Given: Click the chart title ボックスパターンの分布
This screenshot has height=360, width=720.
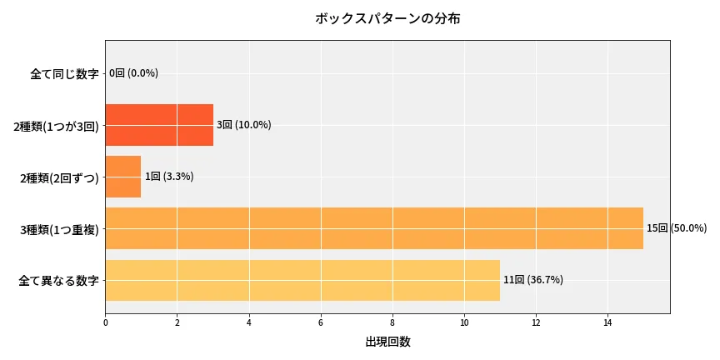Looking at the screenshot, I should (387, 18).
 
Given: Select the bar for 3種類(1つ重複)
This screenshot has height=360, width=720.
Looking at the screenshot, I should (374, 228).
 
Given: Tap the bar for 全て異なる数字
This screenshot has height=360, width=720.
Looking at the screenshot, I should (302, 280).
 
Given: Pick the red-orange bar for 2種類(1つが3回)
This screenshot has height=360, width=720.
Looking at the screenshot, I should (159, 125).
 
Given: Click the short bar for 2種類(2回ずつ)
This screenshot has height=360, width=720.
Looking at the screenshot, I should (123, 177).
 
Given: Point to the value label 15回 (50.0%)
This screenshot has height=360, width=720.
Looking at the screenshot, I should (676, 228).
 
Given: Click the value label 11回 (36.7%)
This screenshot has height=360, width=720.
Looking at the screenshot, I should (532, 280).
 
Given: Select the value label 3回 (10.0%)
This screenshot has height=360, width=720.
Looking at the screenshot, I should (243, 125).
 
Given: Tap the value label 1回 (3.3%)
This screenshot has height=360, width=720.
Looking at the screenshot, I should (169, 177).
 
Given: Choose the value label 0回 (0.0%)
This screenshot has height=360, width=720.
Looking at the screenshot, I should (133, 73).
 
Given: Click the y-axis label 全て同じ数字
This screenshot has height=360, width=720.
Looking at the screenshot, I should (64, 74).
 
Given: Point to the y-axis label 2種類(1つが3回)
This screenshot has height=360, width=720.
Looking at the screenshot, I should (56, 126).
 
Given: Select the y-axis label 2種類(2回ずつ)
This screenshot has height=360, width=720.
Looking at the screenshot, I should (59, 177).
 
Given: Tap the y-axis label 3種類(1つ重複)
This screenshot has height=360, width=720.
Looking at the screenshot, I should (59, 229).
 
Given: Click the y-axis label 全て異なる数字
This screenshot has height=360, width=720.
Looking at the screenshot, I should (58, 281).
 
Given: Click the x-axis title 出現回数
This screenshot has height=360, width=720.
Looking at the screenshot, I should (387, 342).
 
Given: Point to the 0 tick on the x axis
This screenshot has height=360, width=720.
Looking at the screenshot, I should (105, 322).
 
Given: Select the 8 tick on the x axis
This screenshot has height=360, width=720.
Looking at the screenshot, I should (392, 322).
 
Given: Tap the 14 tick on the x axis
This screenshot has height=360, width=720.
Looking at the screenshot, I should (607, 322).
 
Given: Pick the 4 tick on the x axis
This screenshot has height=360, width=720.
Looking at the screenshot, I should (248, 322).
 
